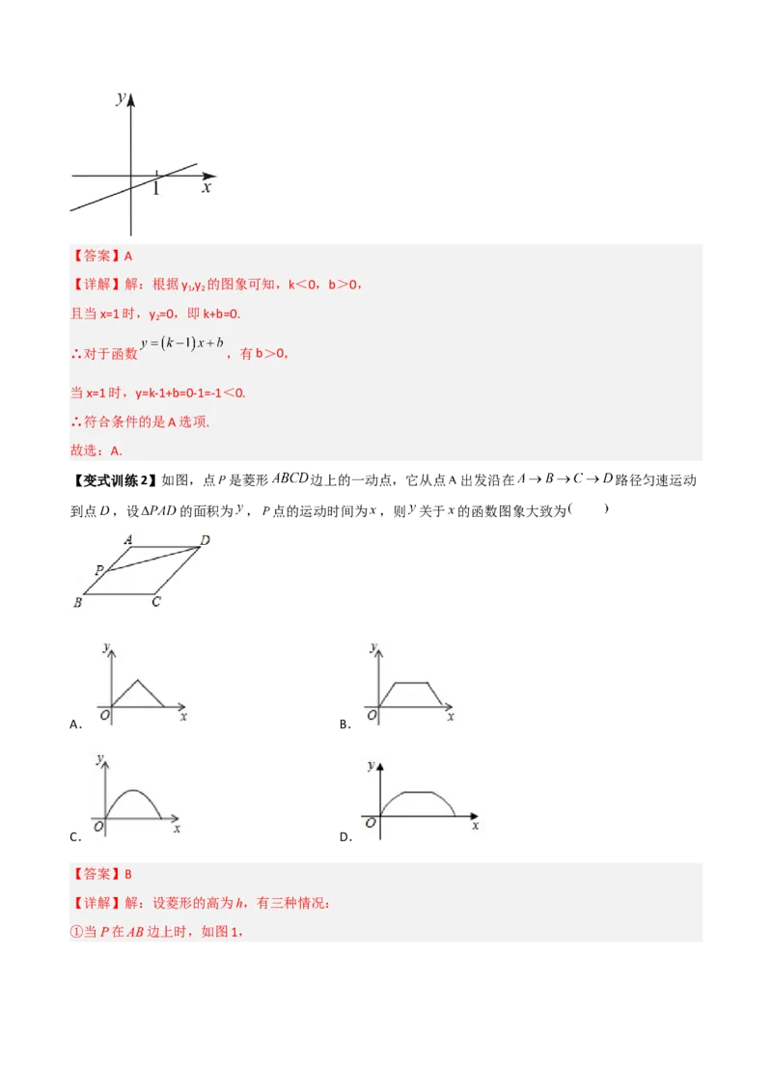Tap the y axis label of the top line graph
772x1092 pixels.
click(x=120, y=97)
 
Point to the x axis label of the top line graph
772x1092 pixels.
click(x=207, y=188)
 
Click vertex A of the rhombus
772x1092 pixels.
click(x=128, y=540)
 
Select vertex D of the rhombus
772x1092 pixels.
click(x=205, y=540)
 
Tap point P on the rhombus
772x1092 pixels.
click(x=98, y=570)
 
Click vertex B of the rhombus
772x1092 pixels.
click(x=77, y=603)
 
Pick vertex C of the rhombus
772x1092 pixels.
click(x=155, y=603)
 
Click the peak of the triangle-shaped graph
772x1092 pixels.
click(x=138, y=680)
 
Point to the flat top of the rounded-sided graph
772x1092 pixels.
click(x=417, y=792)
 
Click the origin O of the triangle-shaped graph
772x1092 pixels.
click(x=104, y=715)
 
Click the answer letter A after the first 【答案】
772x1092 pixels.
click(x=128, y=256)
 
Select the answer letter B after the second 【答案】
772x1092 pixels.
click(x=128, y=874)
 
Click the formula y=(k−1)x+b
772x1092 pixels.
click(x=182, y=344)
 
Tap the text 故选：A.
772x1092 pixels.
click(x=96, y=450)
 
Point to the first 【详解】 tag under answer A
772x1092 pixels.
click(x=94, y=285)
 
